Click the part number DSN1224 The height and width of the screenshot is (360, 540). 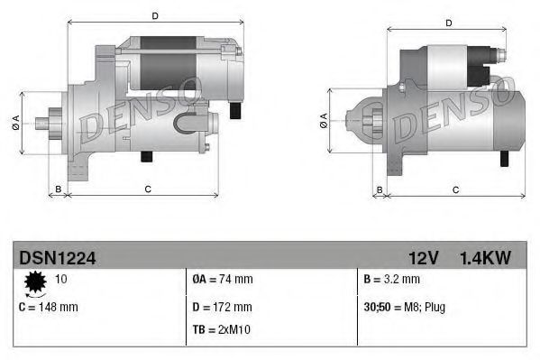click(x=57, y=258)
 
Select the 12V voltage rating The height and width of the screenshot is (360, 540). click(x=423, y=258)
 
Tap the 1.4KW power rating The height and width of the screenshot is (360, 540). click(x=485, y=258)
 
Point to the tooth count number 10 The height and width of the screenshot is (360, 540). click(x=62, y=280)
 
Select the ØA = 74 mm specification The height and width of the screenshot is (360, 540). click(x=223, y=280)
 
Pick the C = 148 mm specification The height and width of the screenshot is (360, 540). click(x=48, y=307)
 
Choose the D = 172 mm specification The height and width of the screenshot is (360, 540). click(x=224, y=307)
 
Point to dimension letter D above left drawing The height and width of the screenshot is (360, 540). click(x=154, y=16)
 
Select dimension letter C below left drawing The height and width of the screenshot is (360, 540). click(x=147, y=189)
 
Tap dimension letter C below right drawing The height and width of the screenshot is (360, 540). click(x=455, y=189)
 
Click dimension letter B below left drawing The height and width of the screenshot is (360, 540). click(x=58, y=189)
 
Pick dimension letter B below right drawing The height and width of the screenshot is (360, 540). click(x=380, y=189)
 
